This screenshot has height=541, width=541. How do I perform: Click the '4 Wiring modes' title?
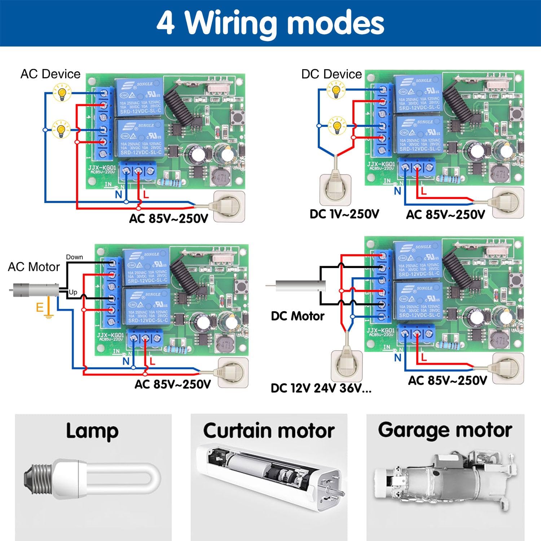[270, 23]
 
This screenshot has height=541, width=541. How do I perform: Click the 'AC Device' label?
[50, 74]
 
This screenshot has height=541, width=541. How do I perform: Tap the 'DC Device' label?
[331, 74]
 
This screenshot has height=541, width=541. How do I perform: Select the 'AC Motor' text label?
[34, 267]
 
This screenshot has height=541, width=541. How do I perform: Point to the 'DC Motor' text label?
[298, 316]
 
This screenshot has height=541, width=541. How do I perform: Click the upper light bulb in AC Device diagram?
[62, 93]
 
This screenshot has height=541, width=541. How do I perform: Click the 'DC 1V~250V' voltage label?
[344, 214]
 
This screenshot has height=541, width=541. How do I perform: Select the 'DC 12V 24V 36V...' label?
[321, 388]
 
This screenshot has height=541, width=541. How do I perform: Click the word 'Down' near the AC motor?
[74, 257]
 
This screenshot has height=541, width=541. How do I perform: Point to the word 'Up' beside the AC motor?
[73, 292]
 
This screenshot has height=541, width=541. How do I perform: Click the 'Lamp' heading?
[92, 431]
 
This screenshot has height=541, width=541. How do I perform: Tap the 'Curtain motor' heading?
[269, 431]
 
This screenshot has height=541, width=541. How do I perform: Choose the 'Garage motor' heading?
[445, 430]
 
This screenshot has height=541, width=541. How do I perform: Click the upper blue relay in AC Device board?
[139, 96]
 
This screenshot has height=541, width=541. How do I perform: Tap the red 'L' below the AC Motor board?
[152, 361]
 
